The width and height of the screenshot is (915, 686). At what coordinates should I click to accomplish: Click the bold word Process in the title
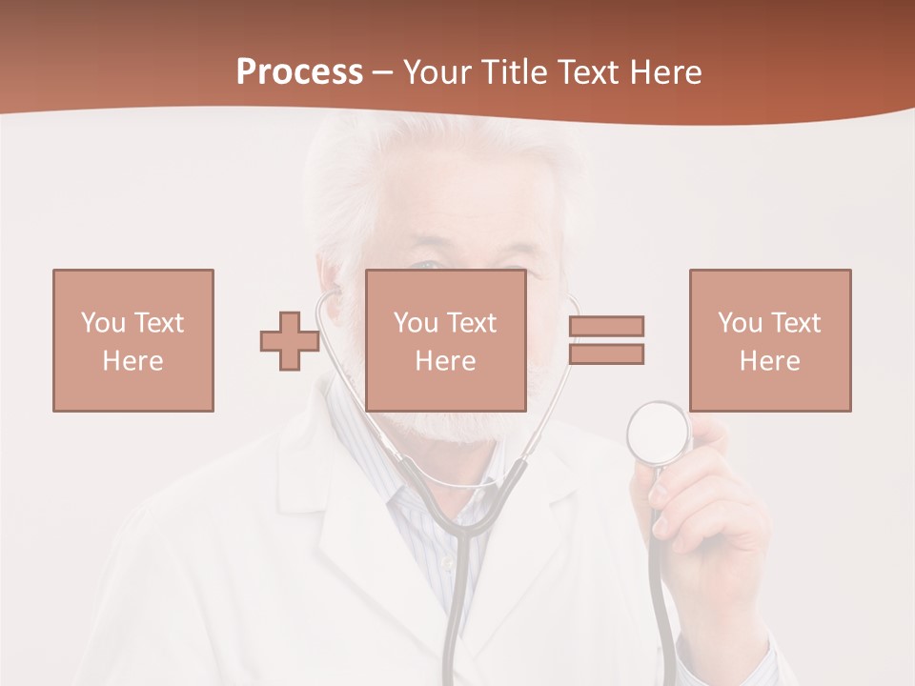click(x=299, y=72)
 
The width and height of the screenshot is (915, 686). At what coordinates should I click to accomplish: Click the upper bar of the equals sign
click(x=606, y=326)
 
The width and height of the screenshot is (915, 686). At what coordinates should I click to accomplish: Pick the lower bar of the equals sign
click(x=606, y=354)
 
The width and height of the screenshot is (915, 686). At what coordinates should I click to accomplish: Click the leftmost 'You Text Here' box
click(x=133, y=340)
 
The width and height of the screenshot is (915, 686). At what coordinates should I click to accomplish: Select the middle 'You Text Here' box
click(x=446, y=340)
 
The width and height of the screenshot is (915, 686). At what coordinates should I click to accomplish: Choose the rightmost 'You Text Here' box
click(x=770, y=340)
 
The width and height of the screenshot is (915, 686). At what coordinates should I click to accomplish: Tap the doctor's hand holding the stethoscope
click(x=705, y=514)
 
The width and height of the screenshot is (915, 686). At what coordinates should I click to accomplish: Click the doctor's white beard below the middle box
click(x=457, y=429)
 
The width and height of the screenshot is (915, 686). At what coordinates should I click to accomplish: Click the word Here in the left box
click(x=133, y=361)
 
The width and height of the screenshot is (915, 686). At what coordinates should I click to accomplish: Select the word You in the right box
click(x=739, y=323)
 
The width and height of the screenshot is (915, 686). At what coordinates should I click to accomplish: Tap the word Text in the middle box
click(x=472, y=323)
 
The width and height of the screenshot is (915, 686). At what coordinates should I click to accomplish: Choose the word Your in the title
click(x=437, y=72)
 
